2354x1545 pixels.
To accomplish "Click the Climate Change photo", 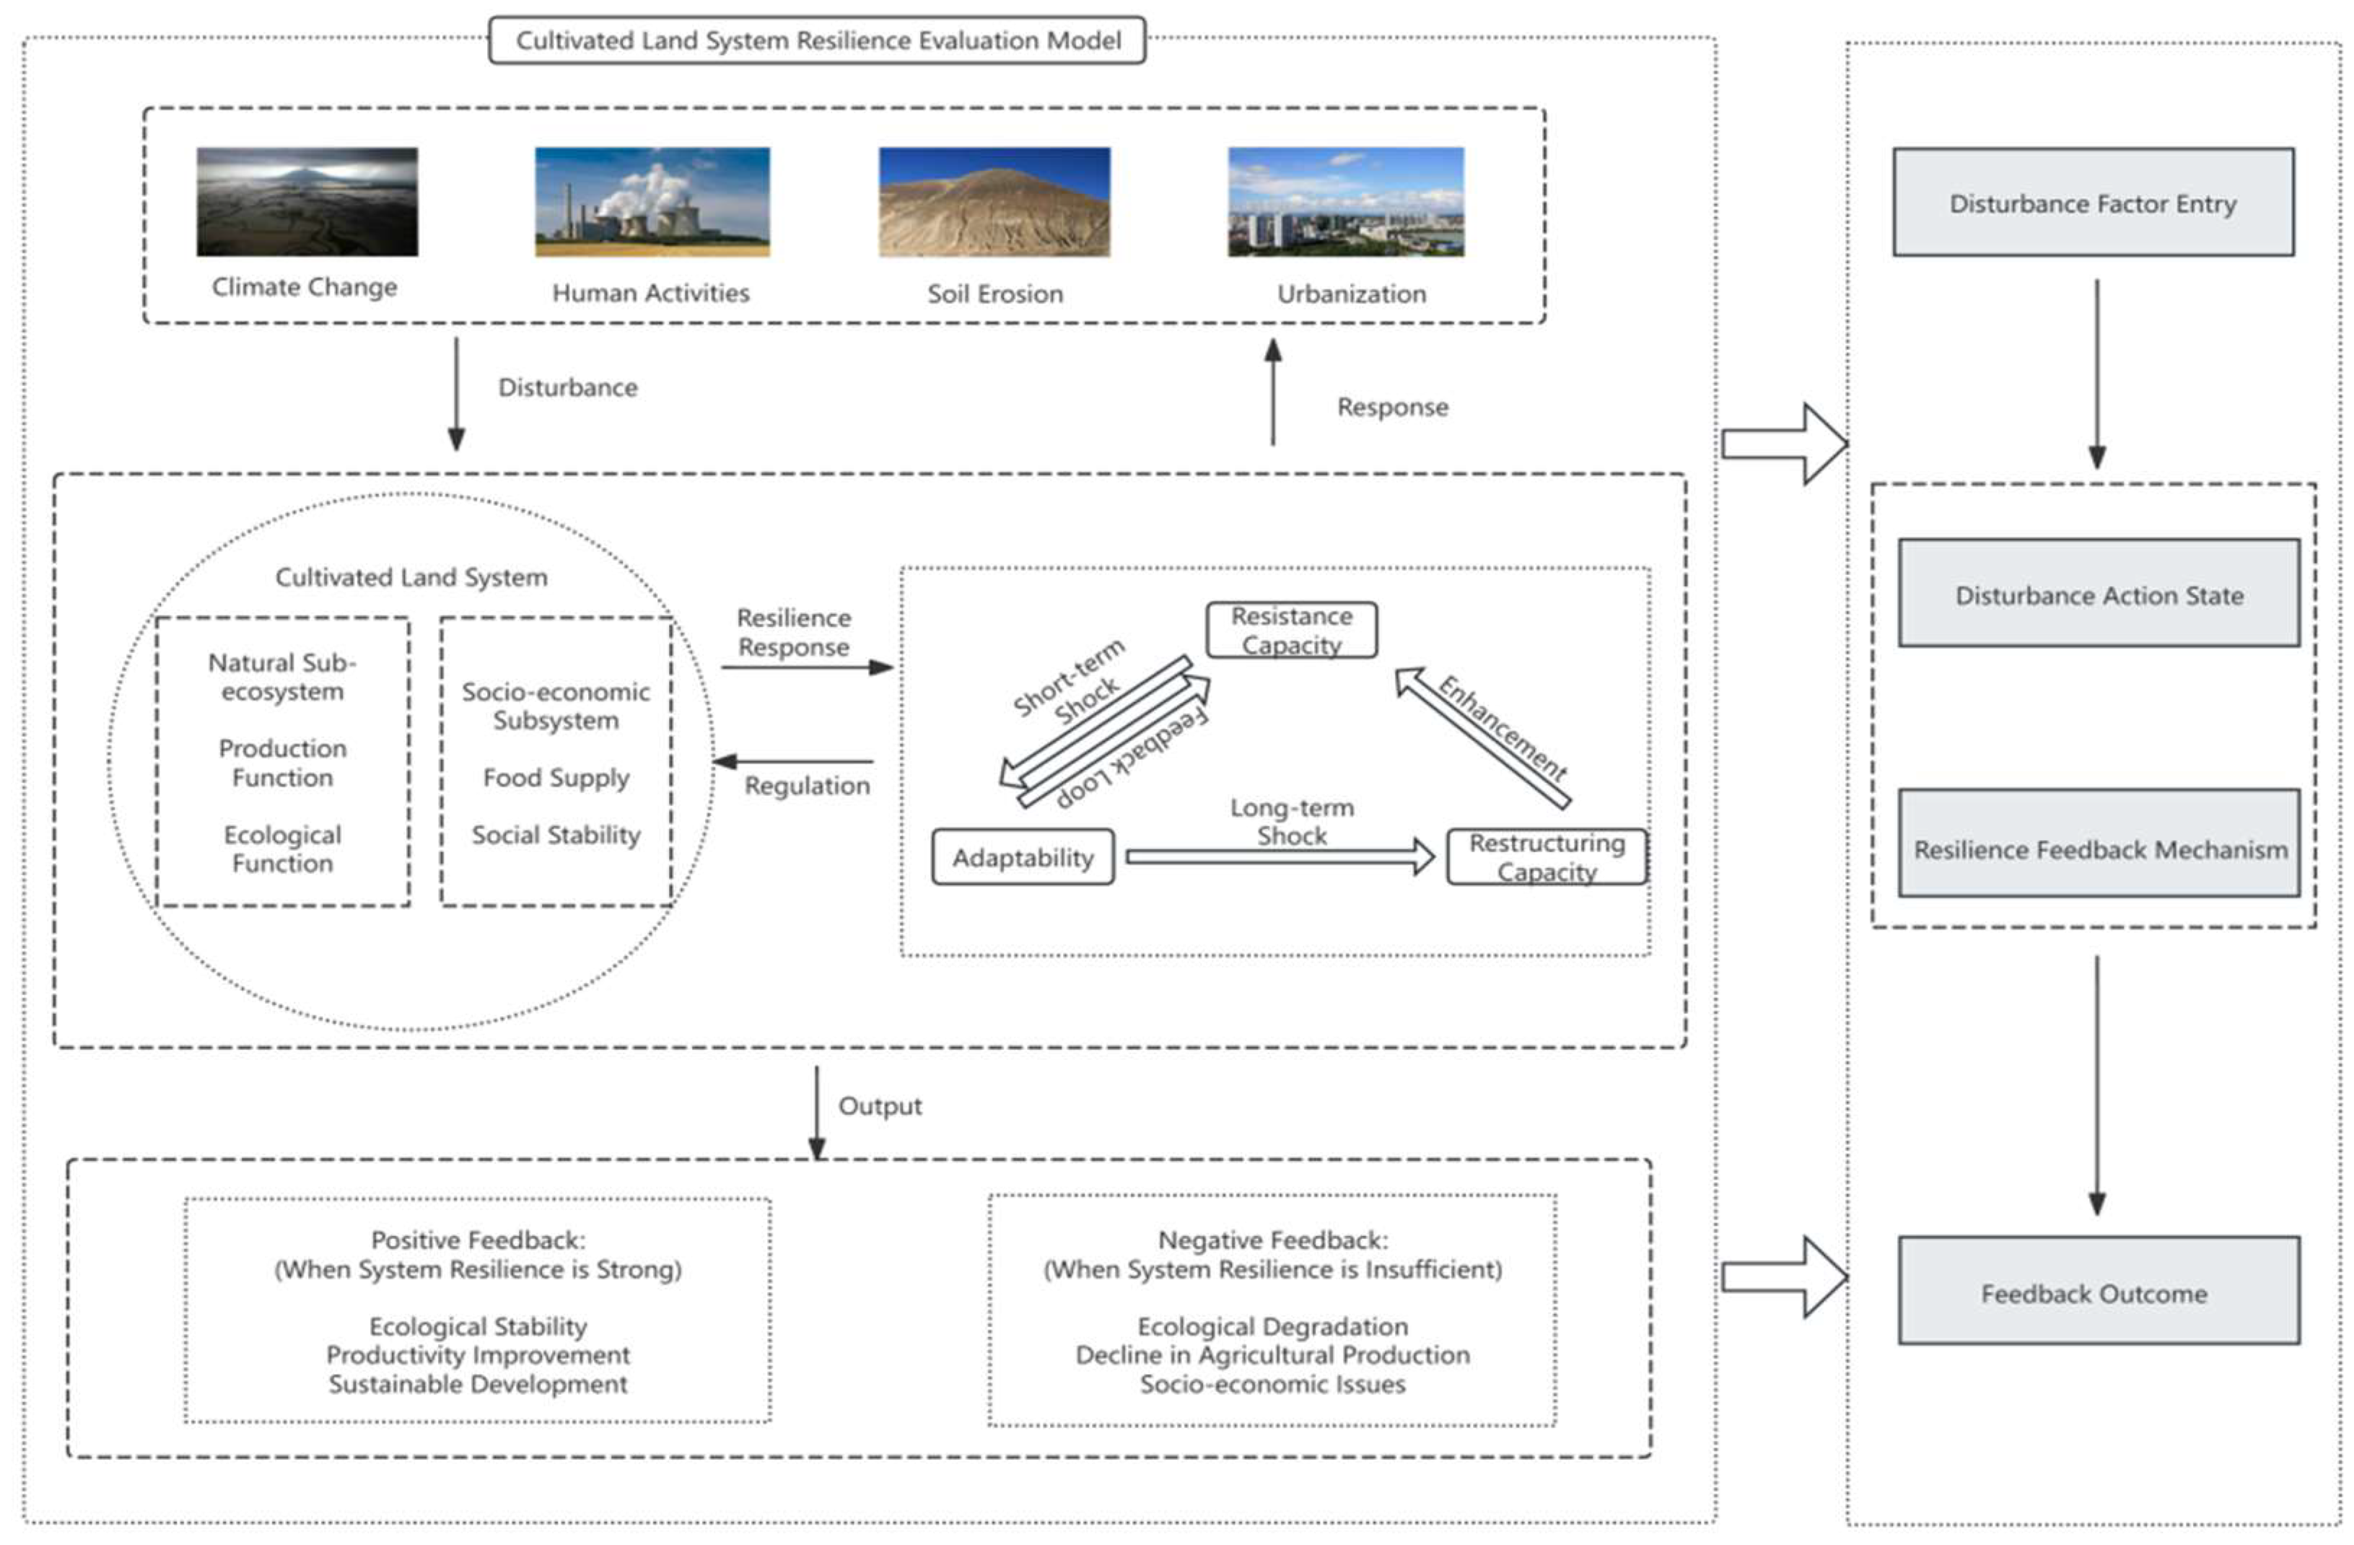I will coord(307,202).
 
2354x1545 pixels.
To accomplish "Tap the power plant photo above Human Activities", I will coord(652,202).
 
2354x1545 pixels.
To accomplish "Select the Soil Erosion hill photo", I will coord(994,202).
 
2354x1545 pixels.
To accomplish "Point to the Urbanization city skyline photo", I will coord(1345,202).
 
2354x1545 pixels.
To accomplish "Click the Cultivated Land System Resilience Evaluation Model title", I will coord(817,40).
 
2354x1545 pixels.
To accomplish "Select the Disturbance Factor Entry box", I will coord(2093,203).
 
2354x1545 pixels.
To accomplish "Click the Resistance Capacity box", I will coord(1291,630).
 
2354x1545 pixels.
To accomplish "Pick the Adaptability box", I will coord(1023,857).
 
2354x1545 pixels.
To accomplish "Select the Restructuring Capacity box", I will coord(1546,857).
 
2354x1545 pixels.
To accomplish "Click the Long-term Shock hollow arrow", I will coord(1280,857).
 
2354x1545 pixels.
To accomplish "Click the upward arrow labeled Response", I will coord(1273,392).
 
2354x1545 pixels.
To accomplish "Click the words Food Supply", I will coord(556,777).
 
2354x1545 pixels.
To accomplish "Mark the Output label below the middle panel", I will coord(879,1106).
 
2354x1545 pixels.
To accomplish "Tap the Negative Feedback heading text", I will coord(1272,1239).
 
